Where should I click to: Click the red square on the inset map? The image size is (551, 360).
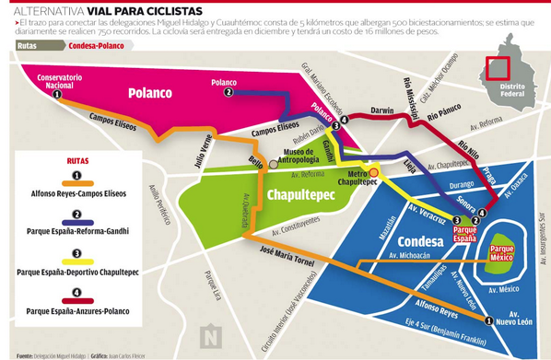pos(498,67)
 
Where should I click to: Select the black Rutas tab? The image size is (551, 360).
pos(28,43)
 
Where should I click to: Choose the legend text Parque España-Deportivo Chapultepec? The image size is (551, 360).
pos(77,272)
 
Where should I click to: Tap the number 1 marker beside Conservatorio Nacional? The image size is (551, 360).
pos(57,94)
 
